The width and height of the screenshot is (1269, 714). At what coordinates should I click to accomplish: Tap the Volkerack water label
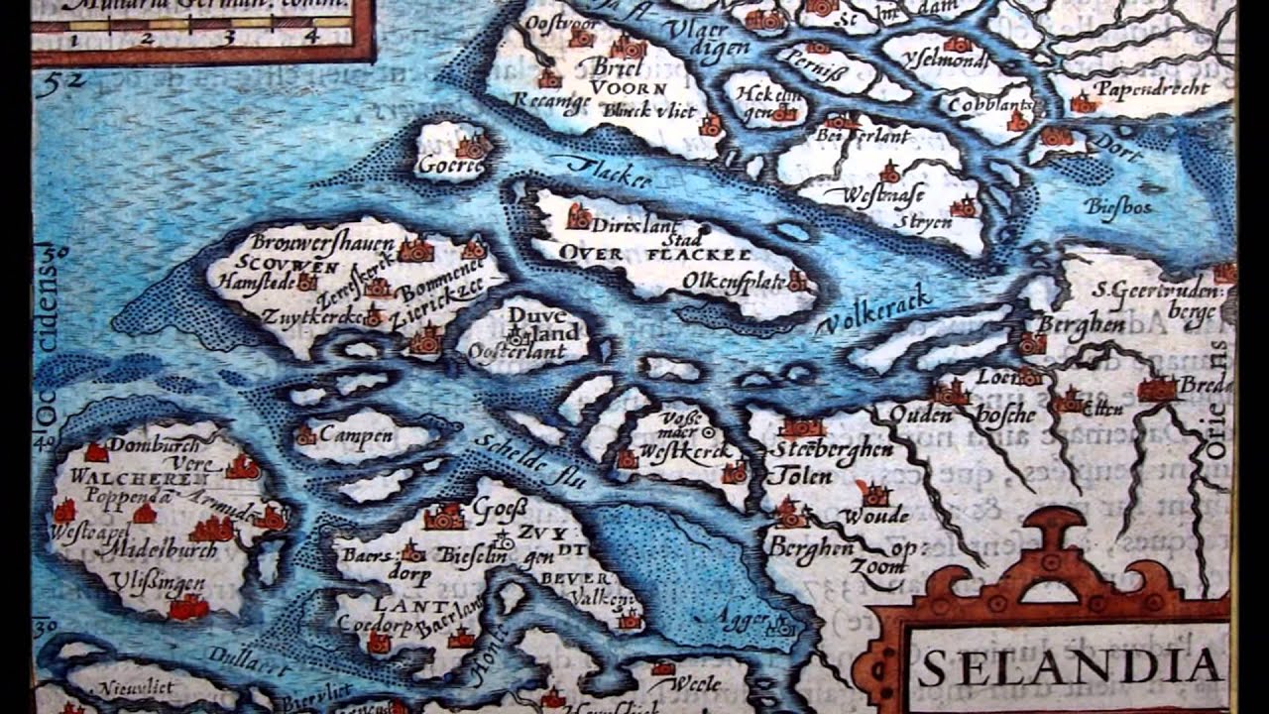[x=873, y=310]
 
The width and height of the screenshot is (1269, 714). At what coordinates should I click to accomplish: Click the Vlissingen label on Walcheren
[x=146, y=582]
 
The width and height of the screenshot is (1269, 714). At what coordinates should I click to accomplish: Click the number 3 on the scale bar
[x=228, y=38]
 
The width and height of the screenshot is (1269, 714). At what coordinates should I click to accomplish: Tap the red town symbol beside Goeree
[x=474, y=147]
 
